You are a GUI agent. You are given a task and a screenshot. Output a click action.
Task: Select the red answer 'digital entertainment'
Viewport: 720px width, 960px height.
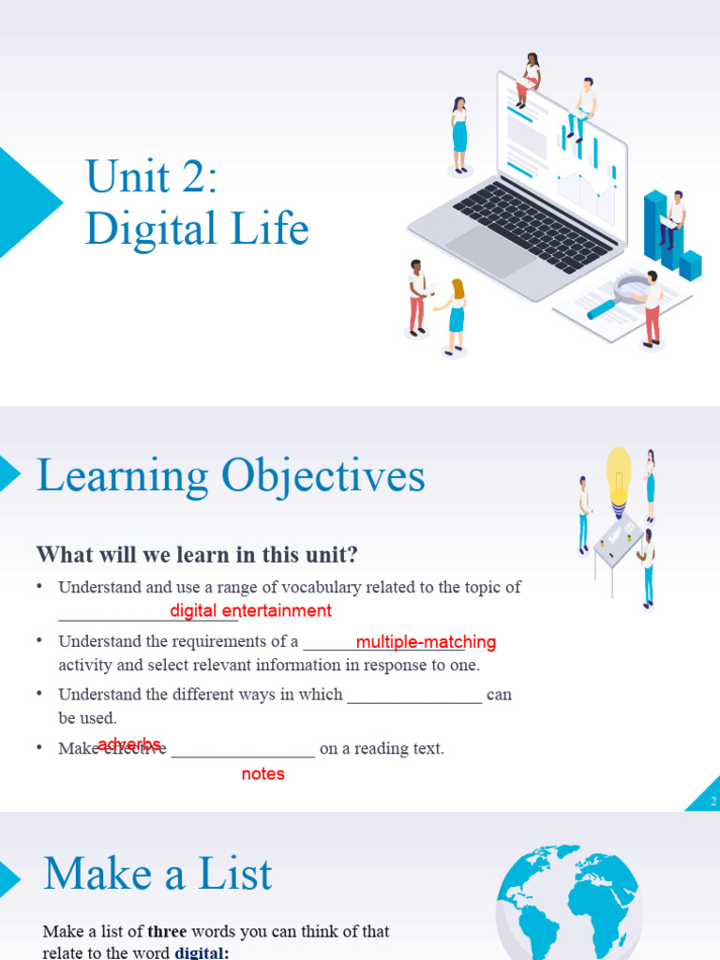(x=250, y=611)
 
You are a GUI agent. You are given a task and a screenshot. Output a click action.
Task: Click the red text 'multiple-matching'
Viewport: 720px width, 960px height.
(x=426, y=642)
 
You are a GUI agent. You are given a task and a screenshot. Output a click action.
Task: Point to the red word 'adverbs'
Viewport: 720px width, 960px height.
(x=129, y=743)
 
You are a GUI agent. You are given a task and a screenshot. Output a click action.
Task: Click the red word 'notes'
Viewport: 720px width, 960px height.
(x=262, y=774)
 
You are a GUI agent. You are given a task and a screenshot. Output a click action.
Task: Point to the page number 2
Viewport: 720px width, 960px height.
(x=713, y=802)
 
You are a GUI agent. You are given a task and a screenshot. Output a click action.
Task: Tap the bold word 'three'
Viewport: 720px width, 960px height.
(x=167, y=932)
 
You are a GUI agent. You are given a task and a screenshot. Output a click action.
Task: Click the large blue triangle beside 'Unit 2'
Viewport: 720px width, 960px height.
(x=23, y=202)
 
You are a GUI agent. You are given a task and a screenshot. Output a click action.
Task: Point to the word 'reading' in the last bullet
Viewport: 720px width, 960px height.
(x=378, y=749)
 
